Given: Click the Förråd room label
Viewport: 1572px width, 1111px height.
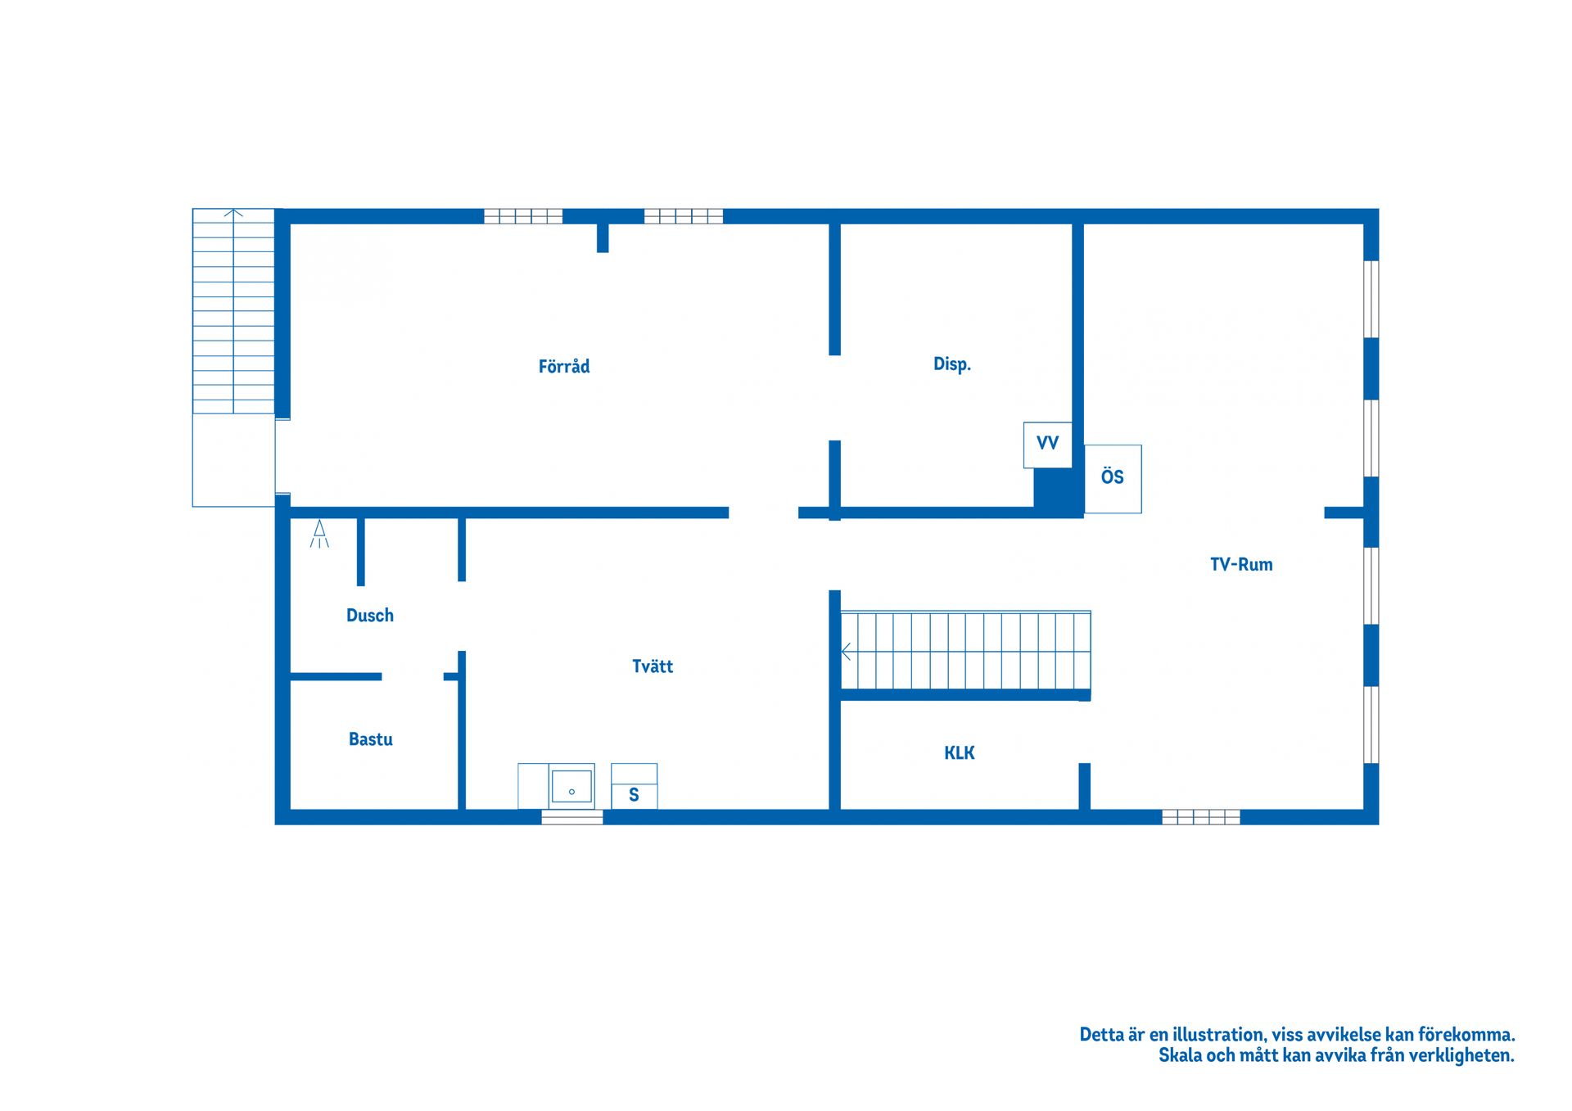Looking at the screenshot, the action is point(564,366).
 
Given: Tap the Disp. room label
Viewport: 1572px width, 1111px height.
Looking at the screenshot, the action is point(952,364).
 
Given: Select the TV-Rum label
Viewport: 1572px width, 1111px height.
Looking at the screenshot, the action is point(1241,564).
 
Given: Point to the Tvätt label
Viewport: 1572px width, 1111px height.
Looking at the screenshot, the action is point(653,666).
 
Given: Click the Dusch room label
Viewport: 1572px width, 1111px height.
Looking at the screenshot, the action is point(370,616).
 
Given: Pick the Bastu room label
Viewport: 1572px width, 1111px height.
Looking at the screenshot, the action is point(371,739).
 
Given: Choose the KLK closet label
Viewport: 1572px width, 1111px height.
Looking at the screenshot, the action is point(960,753).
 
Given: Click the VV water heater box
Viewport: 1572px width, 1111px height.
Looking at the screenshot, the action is point(1048,445).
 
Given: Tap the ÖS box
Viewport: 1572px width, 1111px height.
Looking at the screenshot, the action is point(1113,479).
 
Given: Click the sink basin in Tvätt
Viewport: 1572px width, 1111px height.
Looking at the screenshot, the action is point(571,786).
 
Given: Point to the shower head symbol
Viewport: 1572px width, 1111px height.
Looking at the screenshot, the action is point(319,534).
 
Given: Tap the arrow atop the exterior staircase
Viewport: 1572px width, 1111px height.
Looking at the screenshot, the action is point(233,214).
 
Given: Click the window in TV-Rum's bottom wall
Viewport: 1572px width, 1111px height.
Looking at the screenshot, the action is point(1201,816).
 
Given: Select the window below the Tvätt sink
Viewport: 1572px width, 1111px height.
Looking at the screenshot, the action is point(572,816).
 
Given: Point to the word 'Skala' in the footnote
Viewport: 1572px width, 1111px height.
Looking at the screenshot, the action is point(1180,1055).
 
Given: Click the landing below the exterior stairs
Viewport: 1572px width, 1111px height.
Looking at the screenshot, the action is point(234,460).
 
